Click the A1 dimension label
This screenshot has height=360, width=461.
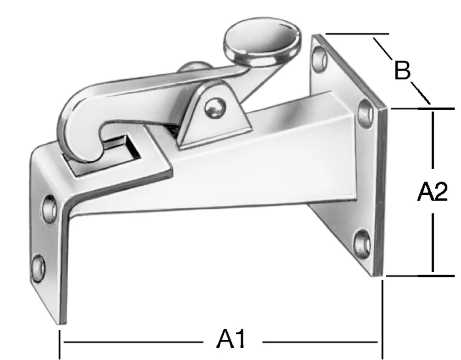point(232,340)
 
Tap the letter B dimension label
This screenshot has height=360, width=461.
point(402,71)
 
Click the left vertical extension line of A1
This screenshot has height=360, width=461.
point(59,344)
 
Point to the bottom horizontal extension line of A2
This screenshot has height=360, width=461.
point(421,275)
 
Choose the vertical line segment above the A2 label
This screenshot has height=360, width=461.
point(433,139)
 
